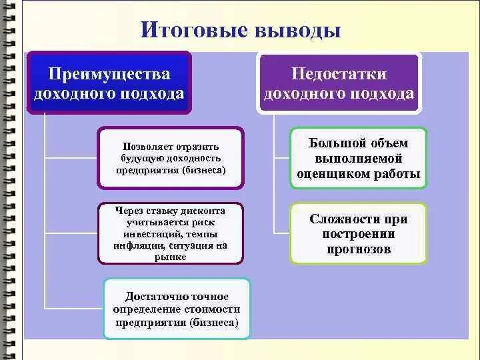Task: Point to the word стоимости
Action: coord(213,310)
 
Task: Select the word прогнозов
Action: coord(359,249)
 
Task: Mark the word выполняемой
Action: coord(359,159)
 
